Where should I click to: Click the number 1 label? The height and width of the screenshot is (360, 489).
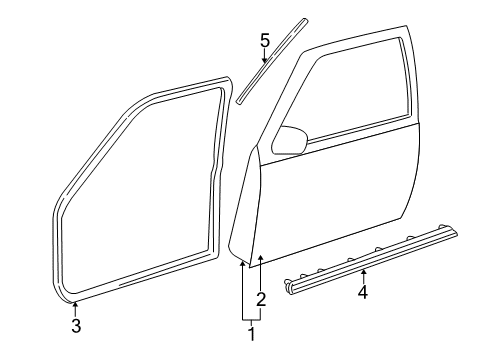click(x=251, y=336)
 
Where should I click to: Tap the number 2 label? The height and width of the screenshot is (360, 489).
click(x=261, y=298)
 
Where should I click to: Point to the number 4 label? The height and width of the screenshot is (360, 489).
click(x=364, y=293)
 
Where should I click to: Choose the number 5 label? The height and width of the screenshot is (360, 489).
click(x=265, y=41)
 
